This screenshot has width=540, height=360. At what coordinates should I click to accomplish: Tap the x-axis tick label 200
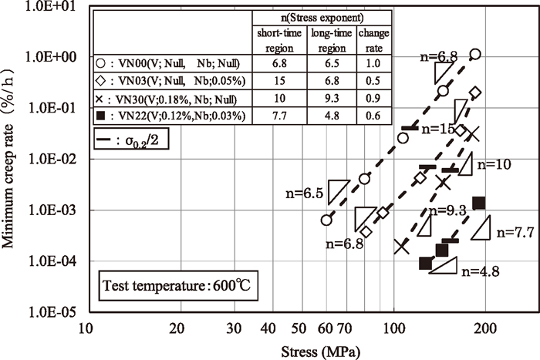click(484, 328)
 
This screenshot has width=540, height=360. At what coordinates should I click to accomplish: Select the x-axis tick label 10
click(86, 328)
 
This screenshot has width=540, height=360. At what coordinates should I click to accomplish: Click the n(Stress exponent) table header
click(326, 15)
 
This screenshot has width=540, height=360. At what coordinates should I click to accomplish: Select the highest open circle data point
click(475, 54)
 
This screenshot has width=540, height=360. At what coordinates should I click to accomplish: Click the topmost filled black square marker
click(478, 203)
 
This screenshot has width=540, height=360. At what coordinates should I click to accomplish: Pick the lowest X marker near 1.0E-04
click(401, 246)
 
